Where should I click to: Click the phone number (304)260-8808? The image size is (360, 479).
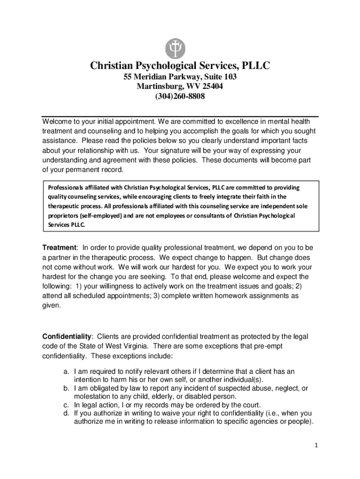[x=180, y=97]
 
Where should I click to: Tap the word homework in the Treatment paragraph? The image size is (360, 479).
[x=231, y=296]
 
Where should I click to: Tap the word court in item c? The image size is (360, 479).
[x=249, y=405]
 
